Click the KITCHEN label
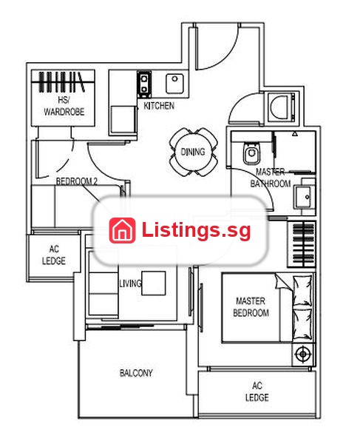click(159, 106)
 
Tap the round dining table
click(194, 152)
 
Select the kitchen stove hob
click(144, 84)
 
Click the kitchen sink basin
click(174, 83)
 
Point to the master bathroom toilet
click(251, 152)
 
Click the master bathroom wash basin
click(305, 196)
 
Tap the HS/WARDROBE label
click(64, 106)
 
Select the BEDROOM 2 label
click(77, 181)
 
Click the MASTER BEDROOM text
click(251, 306)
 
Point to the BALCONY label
click(136, 373)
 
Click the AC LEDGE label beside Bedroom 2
click(54, 255)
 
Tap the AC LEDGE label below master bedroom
click(257, 391)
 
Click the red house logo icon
click(122, 230)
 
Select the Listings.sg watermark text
click(196, 230)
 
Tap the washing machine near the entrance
click(281, 107)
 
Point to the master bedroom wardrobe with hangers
click(302, 244)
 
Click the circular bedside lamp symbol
click(302, 354)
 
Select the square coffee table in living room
click(154, 283)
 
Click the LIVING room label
click(130, 283)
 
